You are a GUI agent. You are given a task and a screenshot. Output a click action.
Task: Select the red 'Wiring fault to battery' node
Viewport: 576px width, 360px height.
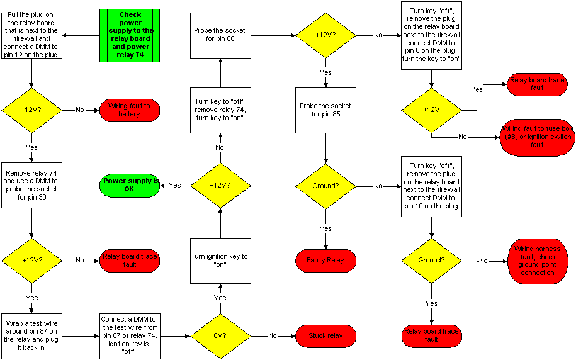coord(130,110)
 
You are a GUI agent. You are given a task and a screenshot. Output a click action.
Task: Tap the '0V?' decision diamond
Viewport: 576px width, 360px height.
coord(220,335)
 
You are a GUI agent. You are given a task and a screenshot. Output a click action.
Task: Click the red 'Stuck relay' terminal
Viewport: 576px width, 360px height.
coord(326,335)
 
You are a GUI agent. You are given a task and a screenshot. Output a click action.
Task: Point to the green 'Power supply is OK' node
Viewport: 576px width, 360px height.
coord(130,185)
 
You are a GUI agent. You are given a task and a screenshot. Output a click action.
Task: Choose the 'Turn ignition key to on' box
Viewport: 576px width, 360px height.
coord(220,261)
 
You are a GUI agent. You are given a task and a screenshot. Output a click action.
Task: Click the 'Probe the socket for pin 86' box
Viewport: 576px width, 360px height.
coord(220,35)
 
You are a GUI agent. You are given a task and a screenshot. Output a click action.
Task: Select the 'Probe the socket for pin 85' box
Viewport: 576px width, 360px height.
coord(326,110)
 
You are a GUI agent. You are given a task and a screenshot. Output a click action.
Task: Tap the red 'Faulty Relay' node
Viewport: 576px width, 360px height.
coord(326,261)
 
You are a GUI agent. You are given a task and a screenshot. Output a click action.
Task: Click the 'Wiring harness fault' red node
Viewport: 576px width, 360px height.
coord(537,261)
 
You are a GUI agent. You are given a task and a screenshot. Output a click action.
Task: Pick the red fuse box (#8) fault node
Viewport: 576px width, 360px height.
coord(537,137)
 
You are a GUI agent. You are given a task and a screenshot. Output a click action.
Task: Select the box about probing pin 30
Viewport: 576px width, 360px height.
coord(31,185)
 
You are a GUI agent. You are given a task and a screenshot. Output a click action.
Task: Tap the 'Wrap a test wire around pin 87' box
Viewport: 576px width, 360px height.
coord(31,335)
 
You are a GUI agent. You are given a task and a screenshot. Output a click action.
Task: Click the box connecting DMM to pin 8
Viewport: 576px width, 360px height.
coord(431,35)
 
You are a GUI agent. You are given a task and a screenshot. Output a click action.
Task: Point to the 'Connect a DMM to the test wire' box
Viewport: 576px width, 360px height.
coord(130,335)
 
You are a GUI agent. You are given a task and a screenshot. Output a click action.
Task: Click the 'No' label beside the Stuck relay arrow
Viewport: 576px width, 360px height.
coord(273,335)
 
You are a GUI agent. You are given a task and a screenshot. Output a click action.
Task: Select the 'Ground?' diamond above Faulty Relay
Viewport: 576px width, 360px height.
coord(326,186)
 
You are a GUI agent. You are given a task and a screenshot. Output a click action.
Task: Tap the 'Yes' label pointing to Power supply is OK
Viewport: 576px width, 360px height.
coord(175,185)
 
